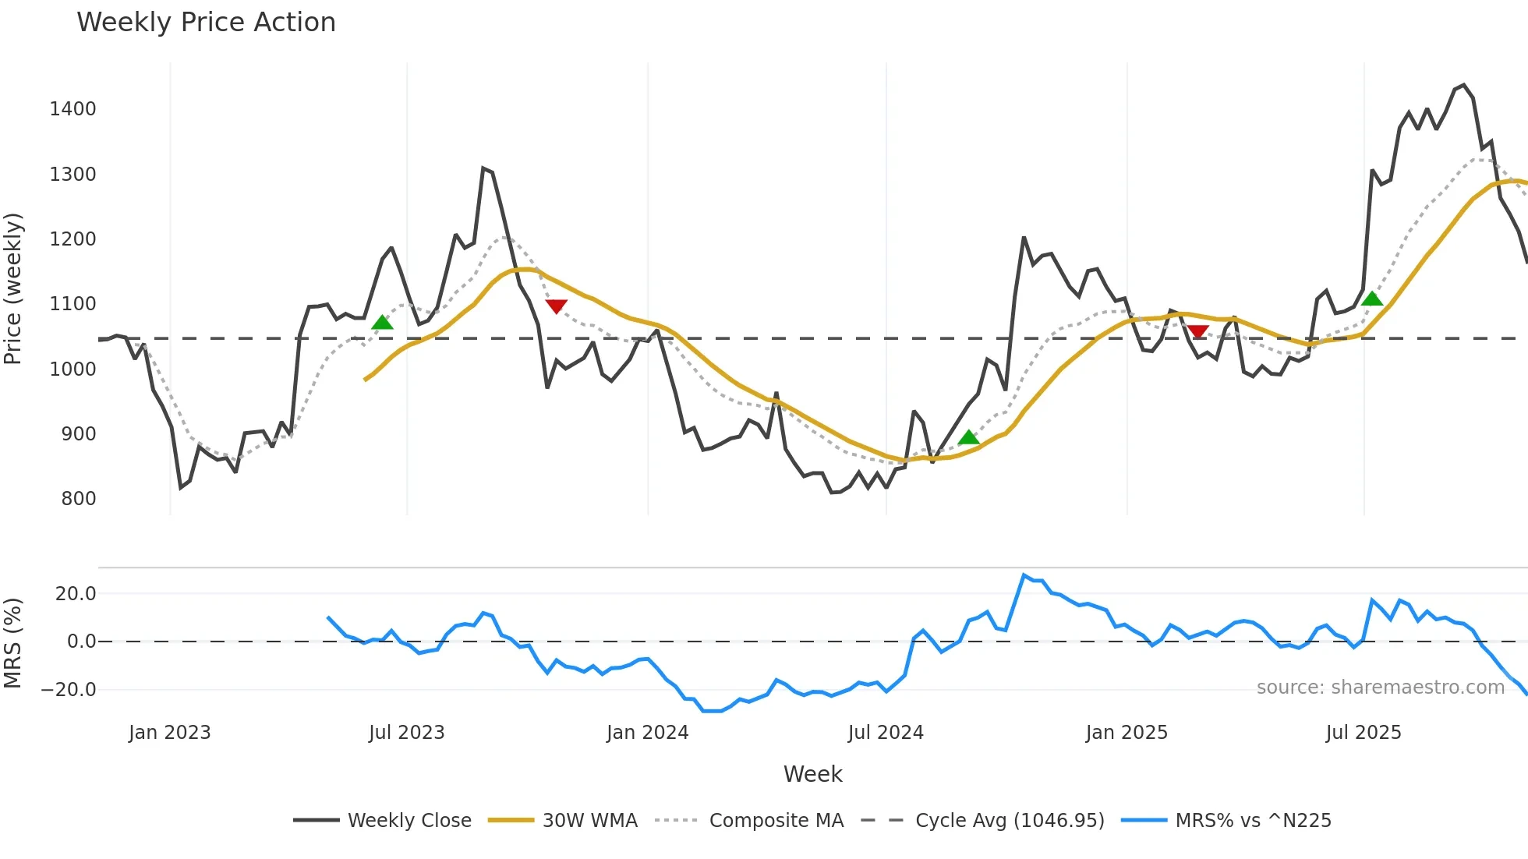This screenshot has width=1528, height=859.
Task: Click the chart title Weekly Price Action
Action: click(206, 23)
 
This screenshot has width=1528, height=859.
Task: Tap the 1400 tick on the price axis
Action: click(73, 109)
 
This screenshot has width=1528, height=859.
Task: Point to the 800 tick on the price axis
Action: click(78, 499)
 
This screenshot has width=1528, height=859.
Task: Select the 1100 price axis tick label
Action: click(73, 304)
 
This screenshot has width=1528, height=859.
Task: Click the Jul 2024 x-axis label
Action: click(886, 733)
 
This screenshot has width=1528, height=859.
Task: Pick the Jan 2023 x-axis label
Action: click(170, 733)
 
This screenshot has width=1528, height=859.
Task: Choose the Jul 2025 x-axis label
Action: click(1364, 733)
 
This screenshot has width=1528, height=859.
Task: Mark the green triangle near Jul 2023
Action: click(382, 323)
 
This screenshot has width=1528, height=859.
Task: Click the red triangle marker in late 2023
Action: click(556, 306)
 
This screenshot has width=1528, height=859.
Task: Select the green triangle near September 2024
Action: click(968, 437)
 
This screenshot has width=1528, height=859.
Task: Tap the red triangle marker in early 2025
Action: click(1198, 332)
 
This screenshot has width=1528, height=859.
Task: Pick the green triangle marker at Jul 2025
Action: click(1372, 299)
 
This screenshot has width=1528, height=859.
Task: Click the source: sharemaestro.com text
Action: click(1380, 688)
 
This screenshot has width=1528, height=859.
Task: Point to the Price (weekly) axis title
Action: click(13, 288)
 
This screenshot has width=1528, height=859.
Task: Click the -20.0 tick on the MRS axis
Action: click(69, 690)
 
